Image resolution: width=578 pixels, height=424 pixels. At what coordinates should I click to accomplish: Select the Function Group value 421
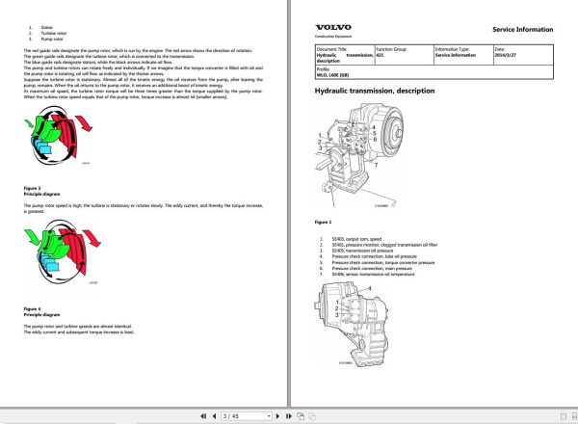pyautogui.click(x=382, y=55)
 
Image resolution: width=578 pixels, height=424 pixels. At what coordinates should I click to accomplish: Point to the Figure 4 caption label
pyautogui.click(x=33, y=307)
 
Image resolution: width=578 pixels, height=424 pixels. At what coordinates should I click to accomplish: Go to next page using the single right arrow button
pyautogui.click(x=278, y=415)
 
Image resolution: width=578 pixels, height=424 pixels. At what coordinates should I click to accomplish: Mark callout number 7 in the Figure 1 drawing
pyautogui.click(x=376, y=165)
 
